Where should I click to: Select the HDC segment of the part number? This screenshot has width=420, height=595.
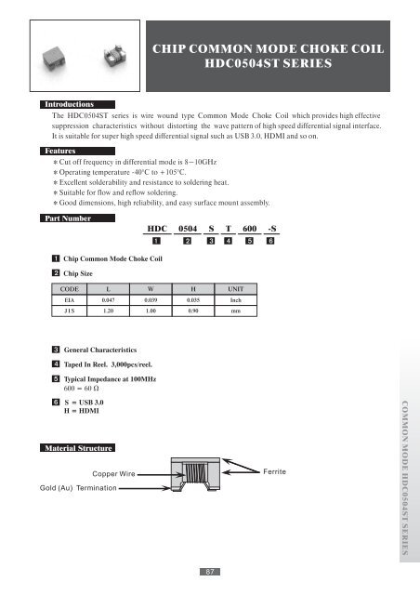point(163,229)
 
